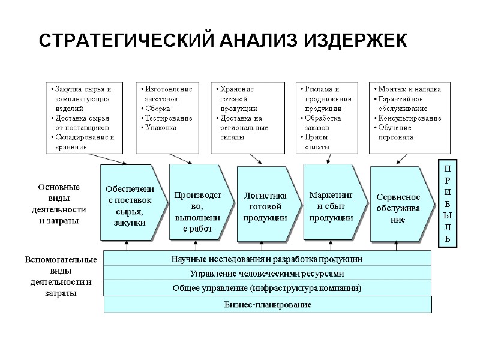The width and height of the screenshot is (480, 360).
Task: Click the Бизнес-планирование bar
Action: (x=268, y=305)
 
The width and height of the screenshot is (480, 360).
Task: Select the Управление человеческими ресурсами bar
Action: (x=268, y=274)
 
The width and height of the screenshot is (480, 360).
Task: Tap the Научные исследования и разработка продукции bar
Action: (x=268, y=259)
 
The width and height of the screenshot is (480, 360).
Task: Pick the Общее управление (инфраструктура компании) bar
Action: (x=268, y=289)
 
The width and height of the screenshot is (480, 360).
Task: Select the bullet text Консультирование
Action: (x=410, y=118)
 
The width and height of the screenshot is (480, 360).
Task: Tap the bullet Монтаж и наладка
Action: (x=409, y=89)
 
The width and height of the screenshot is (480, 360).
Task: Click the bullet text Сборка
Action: (x=158, y=109)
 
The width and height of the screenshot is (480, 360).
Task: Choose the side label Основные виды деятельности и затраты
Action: (x=58, y=204)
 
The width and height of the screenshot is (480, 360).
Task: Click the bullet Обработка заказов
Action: (x=323, y=123)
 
